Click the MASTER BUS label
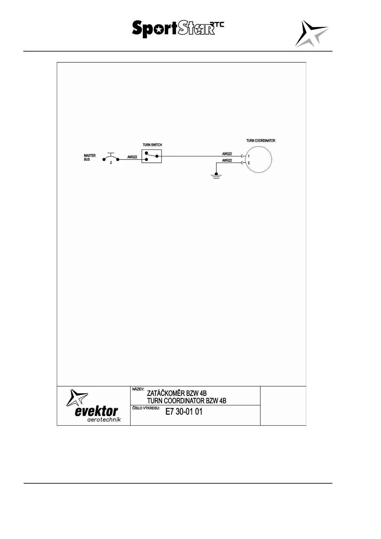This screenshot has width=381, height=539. click(x=90, y=157)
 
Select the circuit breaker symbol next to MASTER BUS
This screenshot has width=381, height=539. click(x=111, y=157)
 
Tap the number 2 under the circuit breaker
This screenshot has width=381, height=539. click(x=111, y=163)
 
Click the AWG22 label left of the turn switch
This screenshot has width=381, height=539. click(x=132, y=157)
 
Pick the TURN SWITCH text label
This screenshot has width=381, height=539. click(x=152, y=145)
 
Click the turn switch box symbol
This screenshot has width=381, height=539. click(x=152, y=156)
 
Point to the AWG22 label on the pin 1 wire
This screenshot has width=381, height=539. click(x=227, y=154)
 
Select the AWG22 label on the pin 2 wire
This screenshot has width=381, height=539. click(x=227, y=160)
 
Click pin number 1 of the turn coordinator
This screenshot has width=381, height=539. click(x=249, y=157)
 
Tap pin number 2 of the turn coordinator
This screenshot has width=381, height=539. click(x=249, y=163)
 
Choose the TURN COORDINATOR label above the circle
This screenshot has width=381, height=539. click(x=261, y=141)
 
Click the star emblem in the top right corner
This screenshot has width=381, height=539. click(x=311, y=34)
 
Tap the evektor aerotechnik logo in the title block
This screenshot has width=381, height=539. click(x=93, y=406)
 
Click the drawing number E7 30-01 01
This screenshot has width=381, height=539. click(x=184, y=412)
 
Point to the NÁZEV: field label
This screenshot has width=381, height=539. click(x=138, y=389)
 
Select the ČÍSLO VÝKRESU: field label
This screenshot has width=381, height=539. click(x=146, y=408)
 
